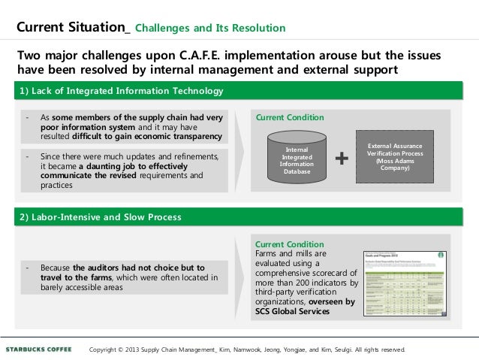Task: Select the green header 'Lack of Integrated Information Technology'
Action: click(x=124, y=91)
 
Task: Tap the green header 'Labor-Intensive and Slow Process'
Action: click(x=101, y=217)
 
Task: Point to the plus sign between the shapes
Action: click(x=342, y=158)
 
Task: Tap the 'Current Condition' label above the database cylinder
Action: click(x=290, y=118)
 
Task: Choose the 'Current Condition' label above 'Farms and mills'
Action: click(x=290, y=244)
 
